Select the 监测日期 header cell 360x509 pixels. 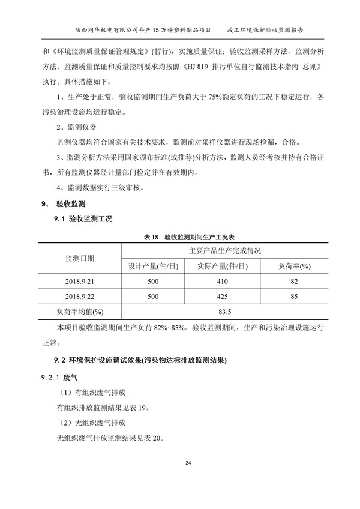click(79, 258)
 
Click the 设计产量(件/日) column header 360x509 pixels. click(152, 265)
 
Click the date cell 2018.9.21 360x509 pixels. click(79, 281)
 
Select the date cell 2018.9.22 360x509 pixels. click(79, 296)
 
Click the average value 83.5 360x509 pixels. click(225, 311)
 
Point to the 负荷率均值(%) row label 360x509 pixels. click(79, 311)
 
